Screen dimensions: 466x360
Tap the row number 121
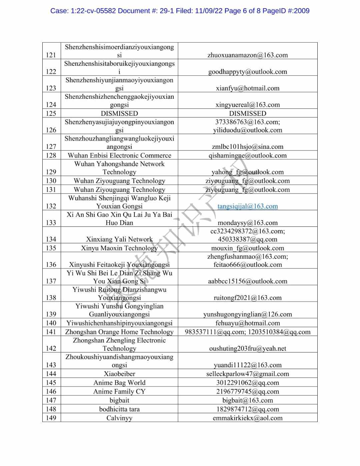point(51,55)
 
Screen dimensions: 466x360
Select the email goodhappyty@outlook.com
point(247,72)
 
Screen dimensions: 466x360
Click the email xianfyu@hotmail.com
point(247,88)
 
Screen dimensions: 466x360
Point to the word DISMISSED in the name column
point(119,113)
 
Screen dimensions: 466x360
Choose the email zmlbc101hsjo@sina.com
point(247,147)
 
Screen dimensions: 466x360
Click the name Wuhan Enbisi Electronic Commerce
point(119,155)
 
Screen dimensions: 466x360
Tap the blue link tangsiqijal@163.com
point(247,206)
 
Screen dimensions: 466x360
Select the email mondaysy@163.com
point(247,223)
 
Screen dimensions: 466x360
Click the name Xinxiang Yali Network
point(119,239)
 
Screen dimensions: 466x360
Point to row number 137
point(51,281)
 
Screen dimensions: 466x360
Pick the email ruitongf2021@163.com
point(247,298)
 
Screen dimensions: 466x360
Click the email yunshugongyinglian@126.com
point(247,314)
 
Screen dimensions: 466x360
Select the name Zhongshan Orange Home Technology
point(119,332)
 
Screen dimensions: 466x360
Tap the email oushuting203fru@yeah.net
point(247,349)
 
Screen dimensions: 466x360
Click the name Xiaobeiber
point(119,374)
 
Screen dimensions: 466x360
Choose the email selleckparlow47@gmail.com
point(247,374)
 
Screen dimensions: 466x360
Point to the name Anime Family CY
point(119,392)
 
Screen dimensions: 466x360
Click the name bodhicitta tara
point(119,409)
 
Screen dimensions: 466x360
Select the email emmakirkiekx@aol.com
point(247,418)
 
